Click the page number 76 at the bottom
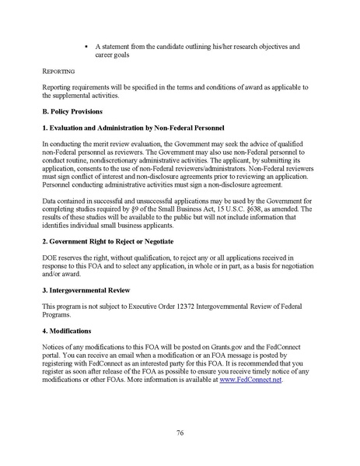point(180,433)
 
